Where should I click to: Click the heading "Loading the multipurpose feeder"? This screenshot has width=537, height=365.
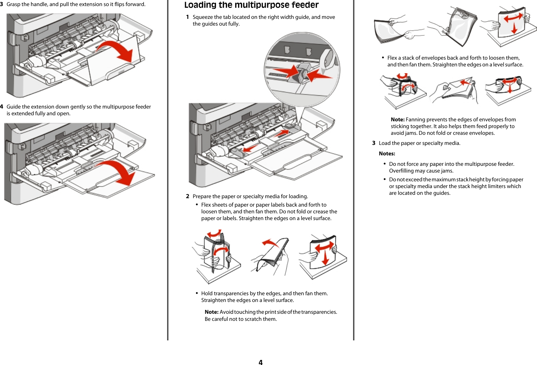click(251, 5)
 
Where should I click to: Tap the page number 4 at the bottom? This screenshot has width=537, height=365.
click(260, 362)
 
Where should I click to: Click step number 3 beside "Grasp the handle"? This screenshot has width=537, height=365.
click(2, 4)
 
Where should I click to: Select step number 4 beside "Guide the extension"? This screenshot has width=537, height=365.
click(2, 107)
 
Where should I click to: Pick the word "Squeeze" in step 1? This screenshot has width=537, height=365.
click(203, 17)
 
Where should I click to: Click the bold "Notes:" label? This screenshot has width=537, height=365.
click(387, 154)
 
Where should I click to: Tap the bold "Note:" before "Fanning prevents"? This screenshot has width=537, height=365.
click(398, 120)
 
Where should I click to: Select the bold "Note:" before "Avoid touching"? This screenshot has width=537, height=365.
click(212, 312)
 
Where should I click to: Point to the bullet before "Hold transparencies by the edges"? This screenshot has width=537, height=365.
click(197, 293)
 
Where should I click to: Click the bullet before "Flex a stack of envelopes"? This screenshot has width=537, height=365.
click(383, 58)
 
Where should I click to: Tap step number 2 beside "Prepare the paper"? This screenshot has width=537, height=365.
click(188, 196)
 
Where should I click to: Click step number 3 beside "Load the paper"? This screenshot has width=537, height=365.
click(374, 143)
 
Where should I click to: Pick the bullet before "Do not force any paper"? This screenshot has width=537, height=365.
click(384, 164)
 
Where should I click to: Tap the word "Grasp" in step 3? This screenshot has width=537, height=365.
click(13, 4)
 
